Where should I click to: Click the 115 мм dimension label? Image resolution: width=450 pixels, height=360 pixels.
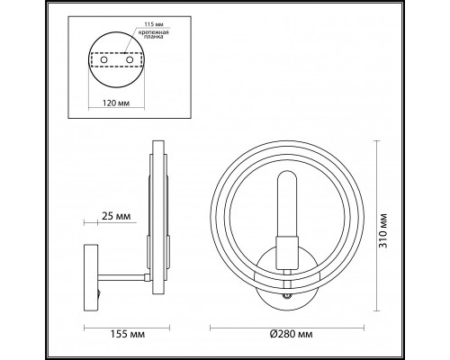(x=154, y=23)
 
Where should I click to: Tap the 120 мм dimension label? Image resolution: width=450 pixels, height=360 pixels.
(x=116, y=103)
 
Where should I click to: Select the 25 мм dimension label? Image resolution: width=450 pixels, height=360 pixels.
(x=116, y=216)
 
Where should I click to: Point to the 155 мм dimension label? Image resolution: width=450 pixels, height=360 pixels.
(x=128, y=334)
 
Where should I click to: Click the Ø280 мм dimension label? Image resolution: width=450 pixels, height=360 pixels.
(x=291, y=334)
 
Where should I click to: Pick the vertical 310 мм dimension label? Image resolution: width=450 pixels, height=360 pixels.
(x=383, y=230)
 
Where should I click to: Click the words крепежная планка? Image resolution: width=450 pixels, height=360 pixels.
(x=153, y=34)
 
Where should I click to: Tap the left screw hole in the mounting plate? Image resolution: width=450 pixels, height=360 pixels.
(x=103, y=59)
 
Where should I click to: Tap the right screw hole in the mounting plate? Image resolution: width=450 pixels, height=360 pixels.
(x=130, y=59)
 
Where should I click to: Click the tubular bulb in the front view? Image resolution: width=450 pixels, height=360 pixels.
(x=287, y=203)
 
